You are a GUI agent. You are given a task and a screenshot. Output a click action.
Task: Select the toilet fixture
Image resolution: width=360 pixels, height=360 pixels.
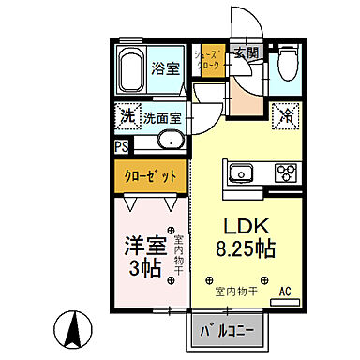click(288, 65)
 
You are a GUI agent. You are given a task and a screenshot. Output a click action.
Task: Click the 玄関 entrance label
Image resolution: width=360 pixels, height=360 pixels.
click(246, 53)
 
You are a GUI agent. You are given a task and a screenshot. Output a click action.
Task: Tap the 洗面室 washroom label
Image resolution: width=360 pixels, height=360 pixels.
click(162, 118)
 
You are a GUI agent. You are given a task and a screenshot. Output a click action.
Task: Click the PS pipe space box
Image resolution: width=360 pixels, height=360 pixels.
click(122, 146)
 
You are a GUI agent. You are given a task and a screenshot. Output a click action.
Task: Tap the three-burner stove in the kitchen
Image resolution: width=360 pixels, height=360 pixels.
click(285, 173)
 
